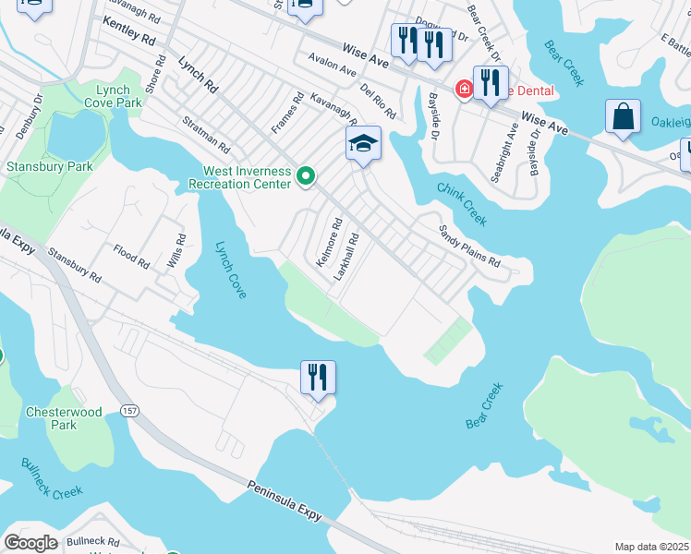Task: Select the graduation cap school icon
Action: pos(364,143)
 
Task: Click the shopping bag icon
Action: pos(624,116)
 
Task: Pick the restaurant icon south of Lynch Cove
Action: pos(318,377)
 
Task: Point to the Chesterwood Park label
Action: pos(64,419)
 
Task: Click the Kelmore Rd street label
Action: pos(329,242)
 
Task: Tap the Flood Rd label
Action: pos(131,256)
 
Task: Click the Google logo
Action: pos(30,543)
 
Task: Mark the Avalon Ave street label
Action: pos(332,67)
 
